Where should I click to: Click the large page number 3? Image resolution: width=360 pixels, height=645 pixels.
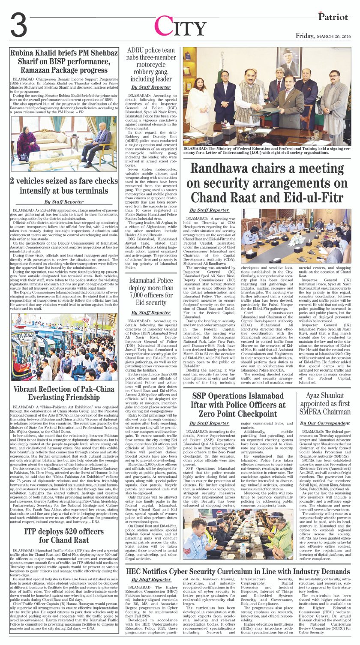tap(19, 25)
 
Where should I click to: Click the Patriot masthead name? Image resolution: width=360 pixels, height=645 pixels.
tap(333, 16)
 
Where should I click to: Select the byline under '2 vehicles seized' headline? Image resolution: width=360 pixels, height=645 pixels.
tap(64, 201)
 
